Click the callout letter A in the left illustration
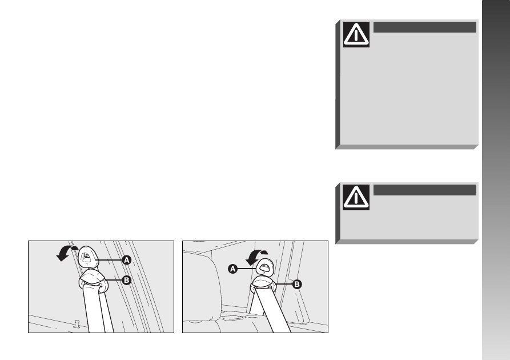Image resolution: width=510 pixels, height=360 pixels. click(x=127, y=260)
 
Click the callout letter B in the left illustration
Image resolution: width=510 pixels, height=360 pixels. click(x=127, y=280)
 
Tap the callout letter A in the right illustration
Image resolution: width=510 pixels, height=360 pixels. click(x=233, y=269)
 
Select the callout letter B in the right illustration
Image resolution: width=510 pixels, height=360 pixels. click(x=296, y=284)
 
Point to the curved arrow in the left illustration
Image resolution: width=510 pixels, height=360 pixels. click(x=65, y=251)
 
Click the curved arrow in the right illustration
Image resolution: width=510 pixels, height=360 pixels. click(x=254, y=255)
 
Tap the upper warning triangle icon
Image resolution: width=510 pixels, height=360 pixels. click(x=356, y=34)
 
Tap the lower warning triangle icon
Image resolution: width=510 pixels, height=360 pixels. click(x=356, y=197)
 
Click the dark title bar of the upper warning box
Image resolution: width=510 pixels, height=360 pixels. click(x=425, y=27)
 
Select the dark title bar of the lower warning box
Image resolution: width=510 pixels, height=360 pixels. click(x=425, y=190)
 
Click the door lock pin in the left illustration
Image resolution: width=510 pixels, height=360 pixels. click(x=77, y=324)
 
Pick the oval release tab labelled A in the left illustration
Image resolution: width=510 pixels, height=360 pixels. click(x=88, y=256)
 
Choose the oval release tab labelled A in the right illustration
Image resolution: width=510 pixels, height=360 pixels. click(x=265, y=267)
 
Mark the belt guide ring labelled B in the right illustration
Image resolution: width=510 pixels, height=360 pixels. click(x=263, y=283)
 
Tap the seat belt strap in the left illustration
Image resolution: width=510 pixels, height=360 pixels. click(x=97, y=309)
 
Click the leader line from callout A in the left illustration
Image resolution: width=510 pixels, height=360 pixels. click(x=109, y=260)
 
